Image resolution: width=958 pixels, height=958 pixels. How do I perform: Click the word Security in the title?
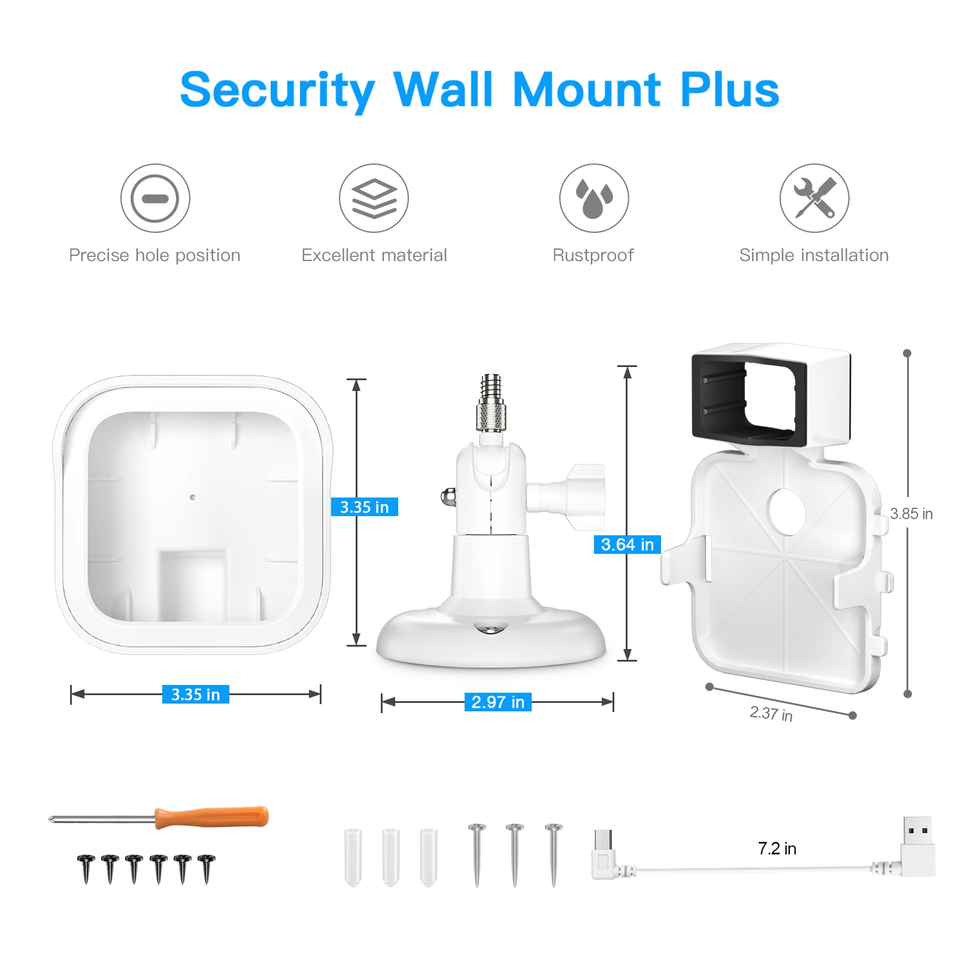277,91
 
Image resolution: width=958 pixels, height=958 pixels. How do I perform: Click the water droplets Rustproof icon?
594,198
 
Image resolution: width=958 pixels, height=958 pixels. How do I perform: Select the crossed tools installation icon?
814,198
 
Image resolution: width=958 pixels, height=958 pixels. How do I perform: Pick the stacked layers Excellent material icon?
374,198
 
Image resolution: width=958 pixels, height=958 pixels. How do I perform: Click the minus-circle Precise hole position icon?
155,198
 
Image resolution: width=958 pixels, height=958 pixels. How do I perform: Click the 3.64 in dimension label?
627,544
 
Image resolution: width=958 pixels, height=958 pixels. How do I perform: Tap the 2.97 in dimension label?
498,702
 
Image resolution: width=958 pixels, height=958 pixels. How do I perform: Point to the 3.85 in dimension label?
911,514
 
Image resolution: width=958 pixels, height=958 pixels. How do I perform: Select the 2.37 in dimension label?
771,713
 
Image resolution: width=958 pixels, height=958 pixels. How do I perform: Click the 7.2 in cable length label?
777,848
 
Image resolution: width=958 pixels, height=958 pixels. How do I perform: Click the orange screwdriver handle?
211,817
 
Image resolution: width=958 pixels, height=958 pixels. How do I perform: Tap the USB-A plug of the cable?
917,845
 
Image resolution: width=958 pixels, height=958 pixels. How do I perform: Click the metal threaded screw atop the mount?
491,402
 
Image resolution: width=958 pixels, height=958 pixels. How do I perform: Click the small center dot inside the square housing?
192,497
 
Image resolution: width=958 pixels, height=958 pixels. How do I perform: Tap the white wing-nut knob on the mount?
584,496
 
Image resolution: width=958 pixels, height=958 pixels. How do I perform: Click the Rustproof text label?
593,256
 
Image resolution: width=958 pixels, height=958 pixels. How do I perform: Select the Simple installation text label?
814,256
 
